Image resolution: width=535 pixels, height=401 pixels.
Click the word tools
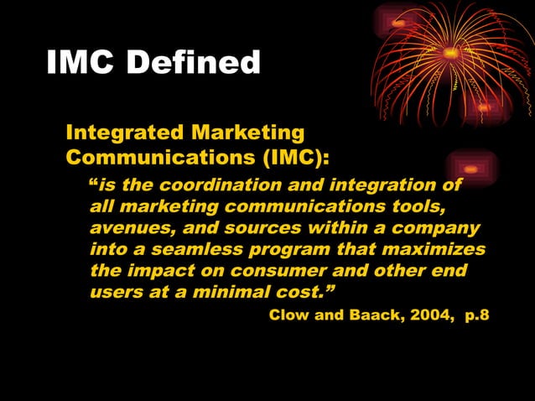pos(410,206)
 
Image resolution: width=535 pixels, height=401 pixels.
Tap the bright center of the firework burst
pos(450,53)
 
